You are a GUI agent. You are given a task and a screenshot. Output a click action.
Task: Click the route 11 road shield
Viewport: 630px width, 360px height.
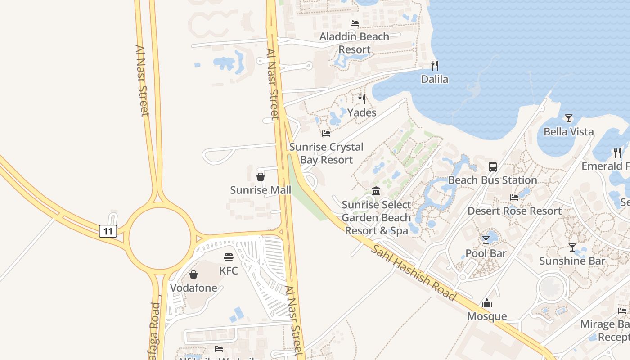point(108,231)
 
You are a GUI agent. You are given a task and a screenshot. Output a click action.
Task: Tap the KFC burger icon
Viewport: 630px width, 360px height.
point(229,257)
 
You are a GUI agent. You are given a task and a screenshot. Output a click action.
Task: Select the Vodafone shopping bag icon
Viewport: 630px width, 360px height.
point(193,274)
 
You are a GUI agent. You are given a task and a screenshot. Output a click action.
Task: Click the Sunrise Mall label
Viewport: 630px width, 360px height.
point(261,190)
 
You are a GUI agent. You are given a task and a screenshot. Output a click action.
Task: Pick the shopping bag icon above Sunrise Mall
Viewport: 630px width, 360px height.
point(261,176)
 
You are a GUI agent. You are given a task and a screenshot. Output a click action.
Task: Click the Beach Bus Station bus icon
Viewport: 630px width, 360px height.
point(493,167)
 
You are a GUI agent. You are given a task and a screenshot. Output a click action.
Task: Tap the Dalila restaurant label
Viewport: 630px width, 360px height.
point(435,79)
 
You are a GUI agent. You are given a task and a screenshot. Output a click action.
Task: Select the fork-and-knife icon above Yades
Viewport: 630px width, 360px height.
point(362,99)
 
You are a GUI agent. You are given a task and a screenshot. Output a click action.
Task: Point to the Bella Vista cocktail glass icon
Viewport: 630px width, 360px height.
point(569,118)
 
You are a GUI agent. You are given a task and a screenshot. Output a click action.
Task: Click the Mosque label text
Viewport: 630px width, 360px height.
point(487,316)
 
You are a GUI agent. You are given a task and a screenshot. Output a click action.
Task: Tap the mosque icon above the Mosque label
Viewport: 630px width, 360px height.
point(487,303)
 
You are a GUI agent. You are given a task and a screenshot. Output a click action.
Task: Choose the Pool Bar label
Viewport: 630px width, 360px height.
point(486,253)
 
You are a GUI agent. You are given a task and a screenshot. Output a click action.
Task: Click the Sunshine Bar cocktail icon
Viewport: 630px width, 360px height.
point(572,247)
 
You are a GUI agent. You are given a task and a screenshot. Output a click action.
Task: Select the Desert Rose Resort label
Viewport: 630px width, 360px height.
point(514,211)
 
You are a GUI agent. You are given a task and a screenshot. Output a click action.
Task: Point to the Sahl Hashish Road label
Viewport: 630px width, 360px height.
point(414,273)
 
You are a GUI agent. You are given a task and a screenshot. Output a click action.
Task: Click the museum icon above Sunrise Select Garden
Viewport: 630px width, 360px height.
point(376,191)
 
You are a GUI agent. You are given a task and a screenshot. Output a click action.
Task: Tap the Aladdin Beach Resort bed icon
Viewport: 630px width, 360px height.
point(355,23)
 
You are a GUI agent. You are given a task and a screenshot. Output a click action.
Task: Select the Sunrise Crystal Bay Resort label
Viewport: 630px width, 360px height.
point(326,153)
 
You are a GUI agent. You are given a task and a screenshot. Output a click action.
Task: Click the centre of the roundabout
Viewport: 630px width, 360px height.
point(160,238)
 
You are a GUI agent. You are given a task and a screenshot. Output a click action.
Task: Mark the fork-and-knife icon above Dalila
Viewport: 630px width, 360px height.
point(435,66)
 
